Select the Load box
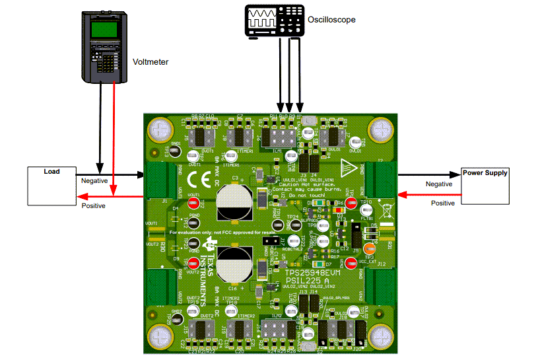(51, 186)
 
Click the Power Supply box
(485, 185)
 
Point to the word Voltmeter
(151, 61)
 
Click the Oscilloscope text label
(331, 20)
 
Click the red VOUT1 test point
(194, 203)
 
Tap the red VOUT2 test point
(194, 261)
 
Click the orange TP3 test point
(370, 249)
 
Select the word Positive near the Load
(93, 206)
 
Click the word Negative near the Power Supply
(439, 184)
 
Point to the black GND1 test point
(175, 151)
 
